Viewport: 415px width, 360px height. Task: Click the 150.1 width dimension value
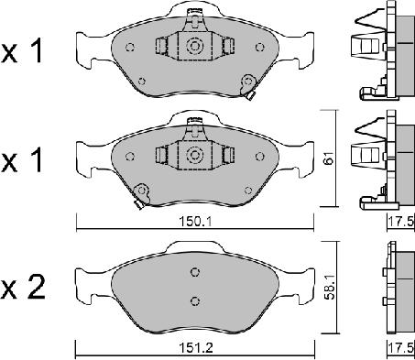pos(196,219)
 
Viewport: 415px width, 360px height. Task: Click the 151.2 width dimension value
pos(196,349)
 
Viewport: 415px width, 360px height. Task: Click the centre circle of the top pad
pos(194,46)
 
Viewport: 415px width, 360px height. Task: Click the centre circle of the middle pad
pos(194,155)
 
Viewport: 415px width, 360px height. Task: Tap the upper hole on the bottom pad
pos(194,271)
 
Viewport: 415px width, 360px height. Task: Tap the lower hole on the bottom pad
pos(194,300)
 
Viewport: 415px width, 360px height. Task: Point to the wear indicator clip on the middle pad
pos(141,191)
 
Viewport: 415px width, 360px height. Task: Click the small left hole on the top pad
pos(130,49)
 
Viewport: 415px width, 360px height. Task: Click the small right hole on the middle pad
pos(258,157)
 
